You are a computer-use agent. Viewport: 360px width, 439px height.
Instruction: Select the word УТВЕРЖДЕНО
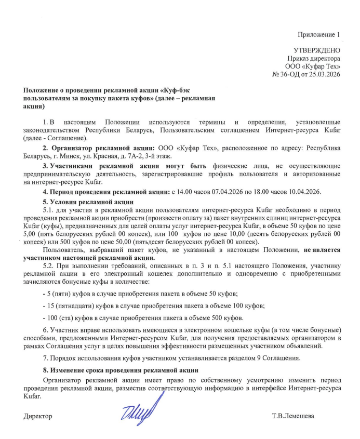317,50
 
